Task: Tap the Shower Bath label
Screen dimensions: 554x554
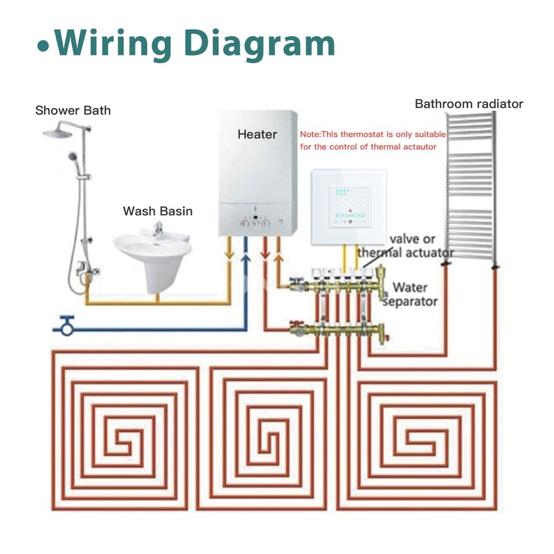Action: click(x=73, y=110)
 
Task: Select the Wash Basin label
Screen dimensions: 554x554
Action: click(x=158, y=211)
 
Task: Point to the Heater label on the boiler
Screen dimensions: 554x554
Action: click(x=257, y=134)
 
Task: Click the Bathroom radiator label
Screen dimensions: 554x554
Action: click(x=469, y=104)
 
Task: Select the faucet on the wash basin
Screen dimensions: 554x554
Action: click(x=158, y=229)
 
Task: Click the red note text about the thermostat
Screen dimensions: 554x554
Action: click(x=373, y=141)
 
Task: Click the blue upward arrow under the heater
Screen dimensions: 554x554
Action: click(x=244, y=260)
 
